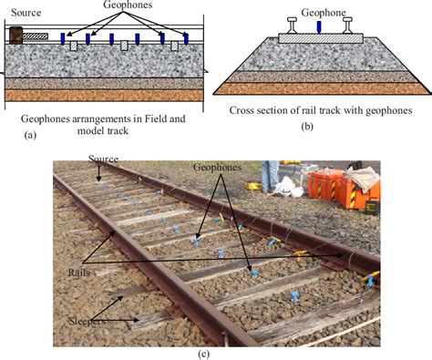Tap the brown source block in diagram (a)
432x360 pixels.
click(15, 36)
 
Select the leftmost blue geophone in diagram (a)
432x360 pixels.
click(63, 38)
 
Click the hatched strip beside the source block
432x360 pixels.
click(36, 37)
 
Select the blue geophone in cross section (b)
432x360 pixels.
click(318, 27)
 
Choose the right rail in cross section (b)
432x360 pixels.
click(350, 26)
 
